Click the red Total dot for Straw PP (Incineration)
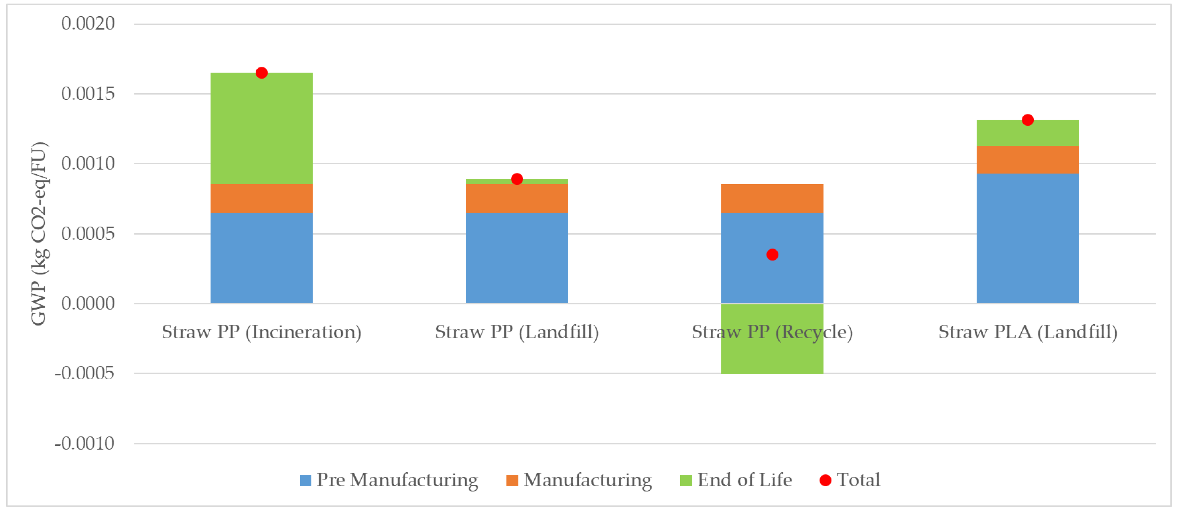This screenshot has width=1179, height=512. [x=261, y=73]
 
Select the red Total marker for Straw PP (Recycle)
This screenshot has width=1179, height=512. [x=772, y=255]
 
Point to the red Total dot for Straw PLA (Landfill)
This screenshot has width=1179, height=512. [x=1027, y=120]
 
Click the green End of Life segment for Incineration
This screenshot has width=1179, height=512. [x=261, y=128]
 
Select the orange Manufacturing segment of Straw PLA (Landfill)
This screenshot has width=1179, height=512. [x=1027, y=159]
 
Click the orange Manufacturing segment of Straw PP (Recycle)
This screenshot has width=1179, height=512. [x=772, y=198]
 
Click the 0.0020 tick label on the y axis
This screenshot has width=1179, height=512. [x=88, y=23]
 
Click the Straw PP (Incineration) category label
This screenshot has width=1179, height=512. [x=261, y=332]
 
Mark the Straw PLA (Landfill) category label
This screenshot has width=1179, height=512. [x=1027, y=332]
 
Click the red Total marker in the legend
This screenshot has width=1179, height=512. [x=825, y=480]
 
